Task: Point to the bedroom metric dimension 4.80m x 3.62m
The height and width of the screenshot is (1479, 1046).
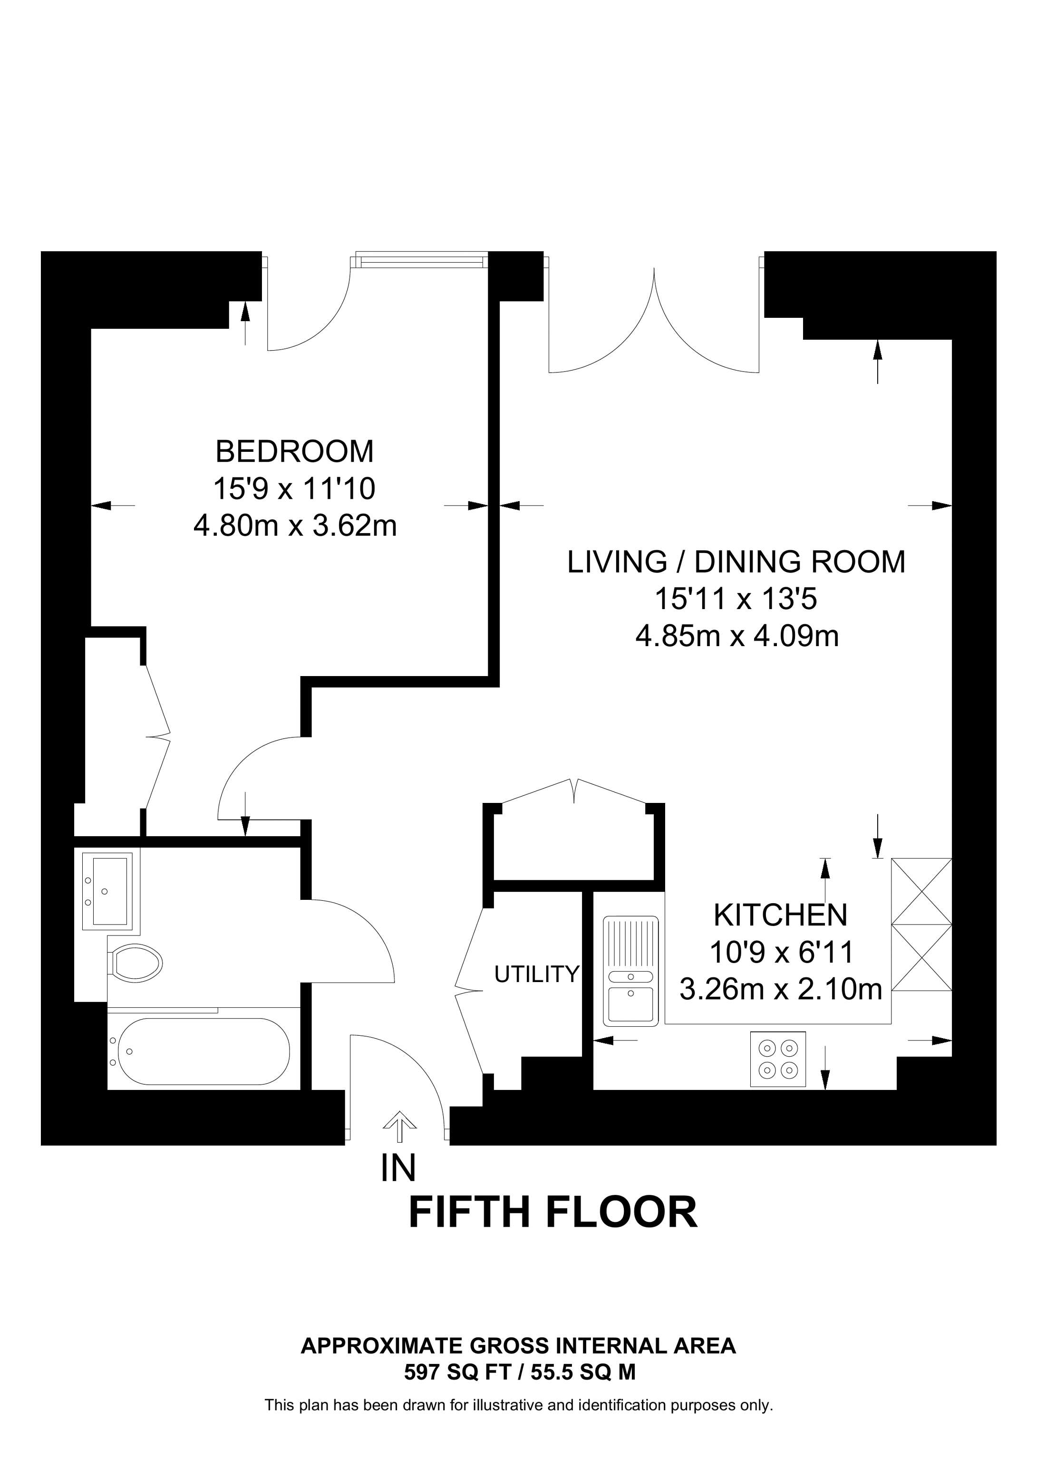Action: (x=295, y=526)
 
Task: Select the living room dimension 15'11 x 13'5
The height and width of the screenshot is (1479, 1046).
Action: (x=736, y=599)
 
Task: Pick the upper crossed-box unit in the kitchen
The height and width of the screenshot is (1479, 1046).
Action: (x=921, y=891)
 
